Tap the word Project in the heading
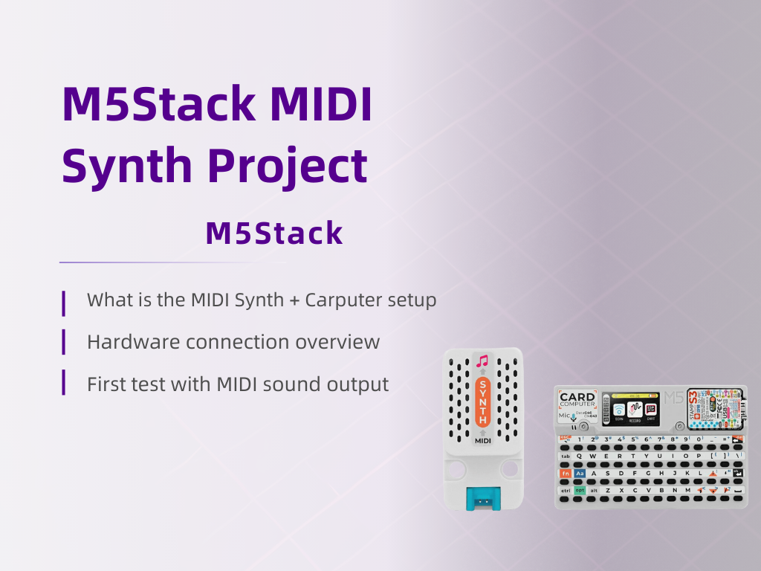287,167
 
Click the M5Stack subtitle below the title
273,233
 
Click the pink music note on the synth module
482,362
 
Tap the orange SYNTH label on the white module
482,401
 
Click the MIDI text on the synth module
482,440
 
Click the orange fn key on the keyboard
566,473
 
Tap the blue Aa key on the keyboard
580,473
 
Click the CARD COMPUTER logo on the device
577,399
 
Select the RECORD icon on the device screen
636,411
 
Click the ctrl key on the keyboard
566,490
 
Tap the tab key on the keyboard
566,456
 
